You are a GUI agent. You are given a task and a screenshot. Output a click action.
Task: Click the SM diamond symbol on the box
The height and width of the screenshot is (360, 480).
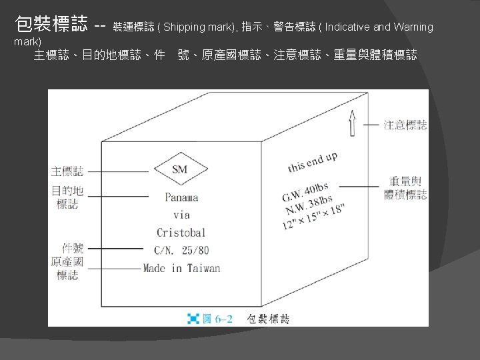pyautogui.click(x=180, y=169)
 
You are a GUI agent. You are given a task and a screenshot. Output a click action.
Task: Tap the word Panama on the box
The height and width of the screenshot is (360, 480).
pyautogui.click(x=181, y=197)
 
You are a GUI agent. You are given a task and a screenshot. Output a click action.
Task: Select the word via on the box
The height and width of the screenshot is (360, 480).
pyautogui.click(x=181, y=215)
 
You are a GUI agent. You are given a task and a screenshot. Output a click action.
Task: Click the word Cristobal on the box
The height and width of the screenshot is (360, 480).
pyautogui.click(x=181, y=233)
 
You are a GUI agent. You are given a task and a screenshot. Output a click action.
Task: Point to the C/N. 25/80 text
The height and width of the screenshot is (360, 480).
pyautogui.click(x=181, y=251)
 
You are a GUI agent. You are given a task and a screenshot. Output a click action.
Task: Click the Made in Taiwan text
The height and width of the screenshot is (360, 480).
pyautogui.click(x=181, y=269)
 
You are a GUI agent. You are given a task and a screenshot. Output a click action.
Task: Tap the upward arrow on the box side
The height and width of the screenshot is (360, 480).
pyautogui.click(x=353, y=123)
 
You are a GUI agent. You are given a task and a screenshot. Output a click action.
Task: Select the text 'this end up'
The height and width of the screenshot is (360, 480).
pyautogui.click(x=312, y=161)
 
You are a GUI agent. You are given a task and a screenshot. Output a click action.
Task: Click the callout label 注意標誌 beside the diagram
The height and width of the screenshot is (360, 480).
pyautogui.click(x=405, y=125)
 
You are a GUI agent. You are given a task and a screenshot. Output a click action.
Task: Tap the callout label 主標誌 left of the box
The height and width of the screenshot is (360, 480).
pyautogui.click(x=67, y=171)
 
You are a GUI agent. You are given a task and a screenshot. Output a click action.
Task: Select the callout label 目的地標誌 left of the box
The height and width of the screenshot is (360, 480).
pyautogui.click(x=67, y=197)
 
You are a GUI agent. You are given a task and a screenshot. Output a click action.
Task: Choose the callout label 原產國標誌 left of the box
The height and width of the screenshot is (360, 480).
pyautogui.click(x=67, y=268)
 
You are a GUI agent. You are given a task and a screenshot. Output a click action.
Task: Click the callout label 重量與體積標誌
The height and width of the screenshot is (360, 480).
pyautogui.click(x=405, y=187)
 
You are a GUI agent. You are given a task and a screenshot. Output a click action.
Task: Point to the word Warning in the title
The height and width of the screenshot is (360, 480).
pyautogui.click(x=413, y=27)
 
